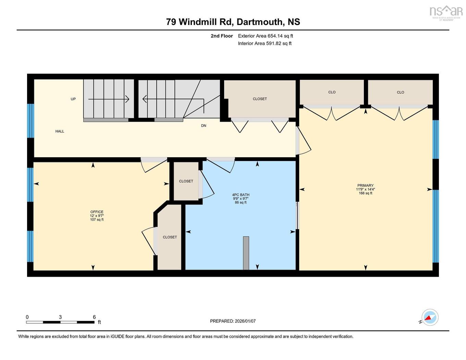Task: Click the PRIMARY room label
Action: click(x=365, y=185)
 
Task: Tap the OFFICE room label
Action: click(x=97, y=212)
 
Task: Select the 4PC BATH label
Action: click(x=241, y=195)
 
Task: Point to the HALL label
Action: click(x=60, y=131)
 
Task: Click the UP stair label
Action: click(x=73, y=99)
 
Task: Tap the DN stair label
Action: click(x=204, y=126)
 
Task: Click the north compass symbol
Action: click(x=430, y=317)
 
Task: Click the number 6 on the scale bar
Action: click(x=94, y=317)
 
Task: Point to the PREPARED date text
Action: click(x=233, y=321)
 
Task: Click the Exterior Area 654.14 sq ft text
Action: click(x=266, y=36)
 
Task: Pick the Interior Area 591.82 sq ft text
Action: click(x=265, y=43)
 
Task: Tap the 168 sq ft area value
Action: click(x=365, y=193)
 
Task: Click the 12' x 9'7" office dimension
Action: click(x=97, y=216)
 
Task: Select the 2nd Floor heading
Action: click(x=222, y=36)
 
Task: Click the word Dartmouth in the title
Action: click(x=260, y=22)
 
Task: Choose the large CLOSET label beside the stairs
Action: click(x=260, y=99)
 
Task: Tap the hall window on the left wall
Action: click(x=31, y=121)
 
